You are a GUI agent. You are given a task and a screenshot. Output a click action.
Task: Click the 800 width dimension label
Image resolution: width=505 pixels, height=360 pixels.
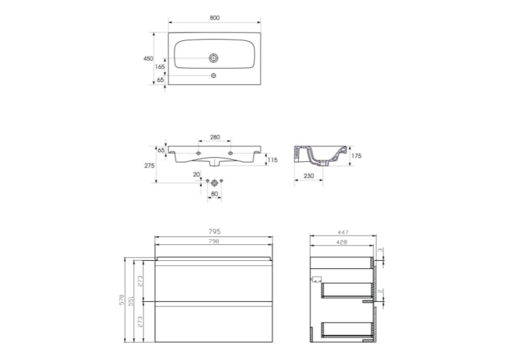tap(215, 18)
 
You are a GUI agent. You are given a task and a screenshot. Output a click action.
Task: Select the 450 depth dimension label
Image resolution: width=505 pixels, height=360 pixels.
tap(148, 58)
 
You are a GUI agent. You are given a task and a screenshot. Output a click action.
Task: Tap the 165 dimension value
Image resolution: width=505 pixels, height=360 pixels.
tap(160, 67)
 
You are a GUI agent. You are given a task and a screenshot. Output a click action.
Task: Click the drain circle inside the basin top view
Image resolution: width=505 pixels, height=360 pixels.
tap(213, 58)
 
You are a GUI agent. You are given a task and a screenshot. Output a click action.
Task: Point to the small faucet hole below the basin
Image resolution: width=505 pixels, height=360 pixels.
tap(213, 75)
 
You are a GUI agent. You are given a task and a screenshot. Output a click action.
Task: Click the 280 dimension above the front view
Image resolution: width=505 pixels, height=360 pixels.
tap(215, 137)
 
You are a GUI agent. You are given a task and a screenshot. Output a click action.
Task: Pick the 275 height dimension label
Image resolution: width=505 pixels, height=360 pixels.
tap(149, 166)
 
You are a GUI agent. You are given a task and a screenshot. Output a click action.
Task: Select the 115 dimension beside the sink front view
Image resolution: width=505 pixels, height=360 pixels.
tap(273, 160)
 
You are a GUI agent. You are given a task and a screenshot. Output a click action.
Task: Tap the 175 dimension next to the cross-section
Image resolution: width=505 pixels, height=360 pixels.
tap(356, 156)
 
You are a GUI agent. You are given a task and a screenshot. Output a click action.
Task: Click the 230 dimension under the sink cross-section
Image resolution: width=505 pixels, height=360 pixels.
tap(308, 176)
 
